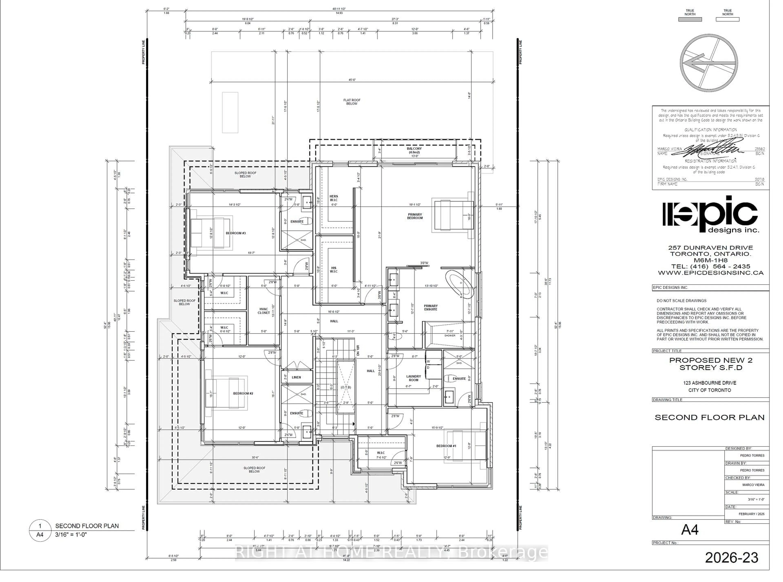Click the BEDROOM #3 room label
[236, 233]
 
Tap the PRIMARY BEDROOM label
[415, 216]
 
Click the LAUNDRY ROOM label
[414, 378]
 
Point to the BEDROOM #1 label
[446, 446]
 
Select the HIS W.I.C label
[334, 270]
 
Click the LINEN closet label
[296, 377]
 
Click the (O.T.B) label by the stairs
[346, 387]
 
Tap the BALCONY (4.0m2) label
[414, 150]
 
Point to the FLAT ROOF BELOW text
[352, 102]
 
